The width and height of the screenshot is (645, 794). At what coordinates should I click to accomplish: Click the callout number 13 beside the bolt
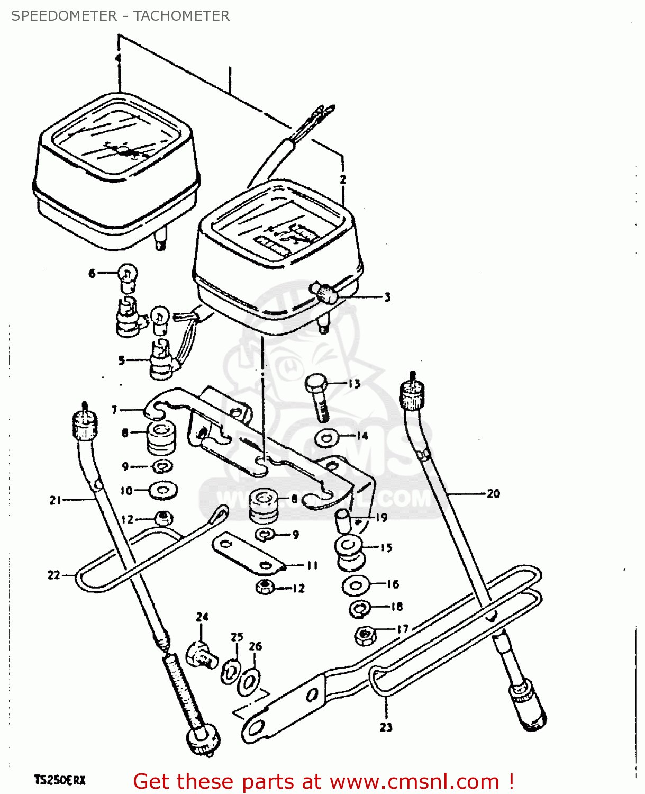(353, 384)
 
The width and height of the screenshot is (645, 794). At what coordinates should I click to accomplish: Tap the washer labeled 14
(327, 438)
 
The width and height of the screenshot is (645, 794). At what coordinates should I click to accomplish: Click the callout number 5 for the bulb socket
(122, 360)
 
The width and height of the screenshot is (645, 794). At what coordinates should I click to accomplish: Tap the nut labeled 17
(364, 635)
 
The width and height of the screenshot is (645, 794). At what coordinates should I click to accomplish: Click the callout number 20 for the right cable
(493, 493)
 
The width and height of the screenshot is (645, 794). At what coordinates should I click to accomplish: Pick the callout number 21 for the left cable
(56, 500)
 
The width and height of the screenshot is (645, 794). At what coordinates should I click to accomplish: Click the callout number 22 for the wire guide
(54, 575)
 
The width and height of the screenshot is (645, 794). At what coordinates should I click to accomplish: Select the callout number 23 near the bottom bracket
(386, 727)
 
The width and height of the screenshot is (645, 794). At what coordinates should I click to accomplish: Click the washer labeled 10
(163, 490)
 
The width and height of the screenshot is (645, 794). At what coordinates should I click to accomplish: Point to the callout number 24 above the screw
(202, 617)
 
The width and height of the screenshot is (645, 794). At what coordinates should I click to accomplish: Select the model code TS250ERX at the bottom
(60, 780)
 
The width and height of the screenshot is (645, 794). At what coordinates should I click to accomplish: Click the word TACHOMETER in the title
(181, 16)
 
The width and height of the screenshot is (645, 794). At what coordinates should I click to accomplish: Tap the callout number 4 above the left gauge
(118, 58)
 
